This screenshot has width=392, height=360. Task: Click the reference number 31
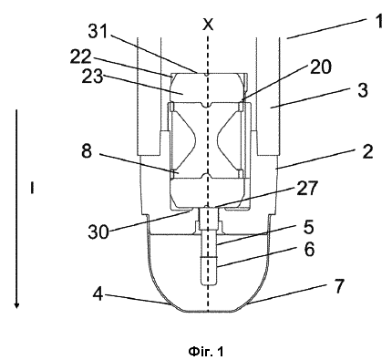(98, 31)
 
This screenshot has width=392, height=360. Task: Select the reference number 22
(81, 57)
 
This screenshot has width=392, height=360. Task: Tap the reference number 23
(92, 77)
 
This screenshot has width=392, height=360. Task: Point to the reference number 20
(321, 67)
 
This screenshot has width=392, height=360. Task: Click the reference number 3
(362, 90)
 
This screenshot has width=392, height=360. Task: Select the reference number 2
(367, 151)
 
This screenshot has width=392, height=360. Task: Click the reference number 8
(87, 150)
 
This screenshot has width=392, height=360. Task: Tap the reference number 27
(307, 189)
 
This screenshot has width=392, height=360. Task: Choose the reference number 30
(98, 232)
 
